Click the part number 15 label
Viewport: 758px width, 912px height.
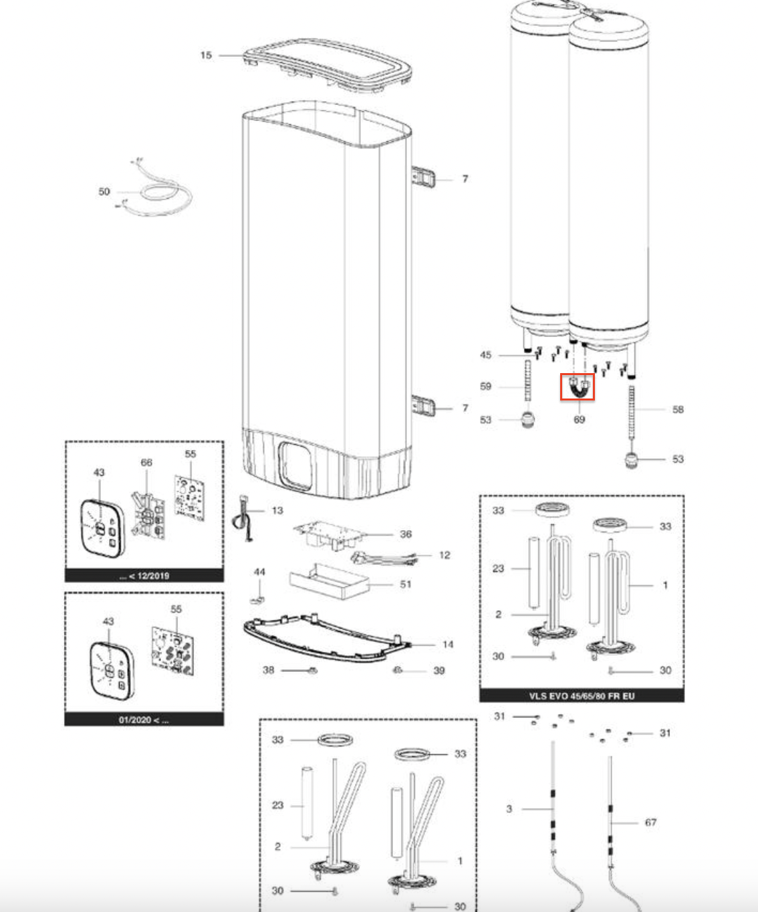(x=206, y=55)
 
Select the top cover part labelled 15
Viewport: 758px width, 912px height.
(x=328, y=67)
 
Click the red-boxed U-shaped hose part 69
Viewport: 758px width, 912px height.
(x=577, y=387)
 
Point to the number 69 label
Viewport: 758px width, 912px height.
(x=579, y=420)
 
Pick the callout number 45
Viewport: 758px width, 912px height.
(x=485, y=355)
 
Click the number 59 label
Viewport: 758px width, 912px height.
(x=485, y=386)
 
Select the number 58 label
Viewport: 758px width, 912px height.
(x=678, y=409)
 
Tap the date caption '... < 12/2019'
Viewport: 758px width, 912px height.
(x=144, y=576)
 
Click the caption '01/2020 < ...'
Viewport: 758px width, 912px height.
(x=144, y=720)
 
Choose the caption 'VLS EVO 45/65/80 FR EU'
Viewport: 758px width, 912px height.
(x=582, y=696)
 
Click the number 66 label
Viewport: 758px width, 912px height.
(x=146, y=463)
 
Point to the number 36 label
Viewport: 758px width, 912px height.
(x=406, y=534)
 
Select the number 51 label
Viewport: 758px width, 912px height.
(x=406, y=584)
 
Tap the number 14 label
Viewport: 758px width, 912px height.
(x=448, y=645)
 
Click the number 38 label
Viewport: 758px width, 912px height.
(x=268, y=670)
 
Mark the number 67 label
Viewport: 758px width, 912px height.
(x=650, y=822)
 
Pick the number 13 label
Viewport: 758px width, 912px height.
(x=277, y=511)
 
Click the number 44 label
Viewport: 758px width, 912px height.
(x=259, y=572)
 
